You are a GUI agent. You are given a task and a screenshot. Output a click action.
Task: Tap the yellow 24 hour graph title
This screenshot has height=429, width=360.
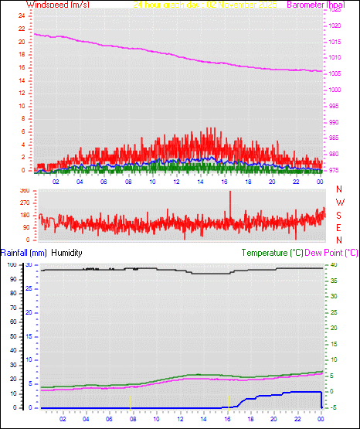[205, 5]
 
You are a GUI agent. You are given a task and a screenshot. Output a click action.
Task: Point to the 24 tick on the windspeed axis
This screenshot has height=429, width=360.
[22, 16]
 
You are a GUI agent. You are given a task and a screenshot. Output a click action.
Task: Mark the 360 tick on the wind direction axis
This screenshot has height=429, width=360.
[24, 190]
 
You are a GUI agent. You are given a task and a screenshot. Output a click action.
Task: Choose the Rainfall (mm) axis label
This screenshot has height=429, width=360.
[24, 253]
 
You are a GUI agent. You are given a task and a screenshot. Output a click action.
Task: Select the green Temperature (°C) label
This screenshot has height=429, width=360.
[272, 253]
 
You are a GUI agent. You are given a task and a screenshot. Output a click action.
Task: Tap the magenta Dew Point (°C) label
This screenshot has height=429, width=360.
[331, 253]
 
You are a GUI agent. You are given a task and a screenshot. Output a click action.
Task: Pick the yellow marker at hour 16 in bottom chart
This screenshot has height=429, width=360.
[229, 400]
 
